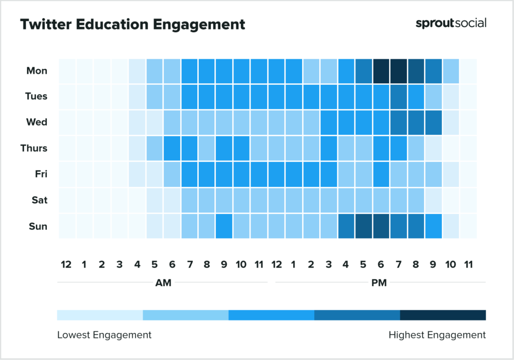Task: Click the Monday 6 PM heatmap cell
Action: [x=381, y=71]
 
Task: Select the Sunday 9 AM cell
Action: [x=224, y=226]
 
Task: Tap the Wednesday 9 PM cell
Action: [x=434, y=123]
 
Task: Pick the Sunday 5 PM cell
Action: [x=364, y=226]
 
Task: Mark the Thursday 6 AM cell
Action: [x=172, y=148]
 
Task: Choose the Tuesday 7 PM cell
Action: [x=399, y=96]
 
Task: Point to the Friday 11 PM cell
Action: [x=468, y=174]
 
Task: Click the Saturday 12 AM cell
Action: [x=67, y=200]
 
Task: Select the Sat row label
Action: [x=39, y=200]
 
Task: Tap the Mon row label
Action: [x=37, y=71]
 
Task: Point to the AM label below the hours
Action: [x=163, y=283]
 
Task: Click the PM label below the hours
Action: [x=379, y=283]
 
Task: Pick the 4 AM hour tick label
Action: [x=137, y=265]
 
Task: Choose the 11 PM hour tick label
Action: [x=468, y=265]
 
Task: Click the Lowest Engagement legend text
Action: [x=104, y=335]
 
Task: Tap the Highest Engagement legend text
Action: [x=437, y=335]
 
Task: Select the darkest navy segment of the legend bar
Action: [x=443, y=315]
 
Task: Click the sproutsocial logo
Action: [x=451, y=24]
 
